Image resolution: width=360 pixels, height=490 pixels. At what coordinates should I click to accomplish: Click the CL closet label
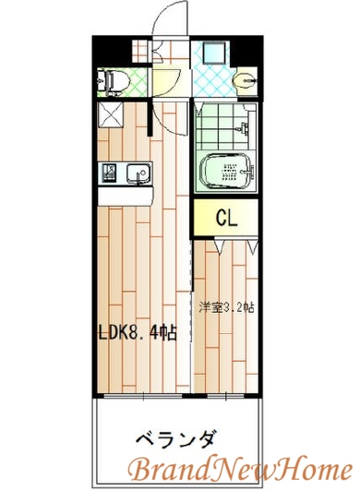(226, 218)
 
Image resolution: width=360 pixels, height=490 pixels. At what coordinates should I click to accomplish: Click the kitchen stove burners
(109, 173)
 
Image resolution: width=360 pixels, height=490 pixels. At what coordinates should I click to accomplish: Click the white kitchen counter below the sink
(123, 197)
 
